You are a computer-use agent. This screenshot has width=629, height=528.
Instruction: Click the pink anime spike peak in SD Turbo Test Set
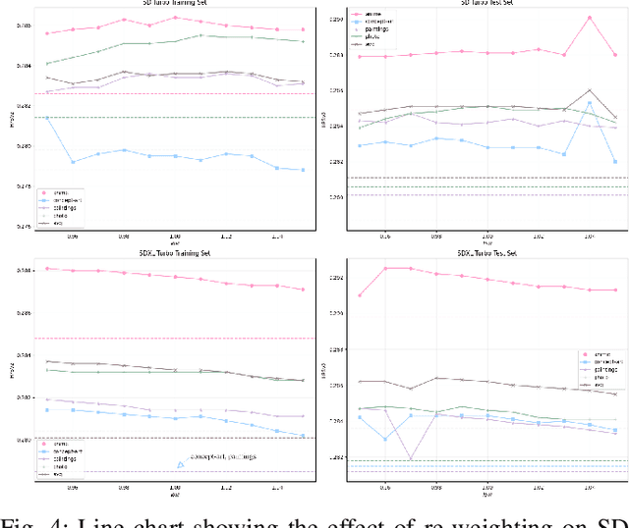pos(590,18)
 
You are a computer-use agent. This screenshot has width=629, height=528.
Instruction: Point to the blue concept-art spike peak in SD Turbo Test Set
pos(590,102)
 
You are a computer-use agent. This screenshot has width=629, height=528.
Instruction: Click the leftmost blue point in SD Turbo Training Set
pos(47,118)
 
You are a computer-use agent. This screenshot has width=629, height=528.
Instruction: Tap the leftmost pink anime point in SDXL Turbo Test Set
pos(360,295)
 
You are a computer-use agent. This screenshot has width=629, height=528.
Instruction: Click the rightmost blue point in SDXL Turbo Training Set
pos(303,436)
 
